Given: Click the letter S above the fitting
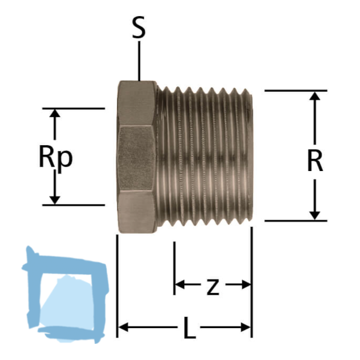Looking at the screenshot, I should pos(139,28).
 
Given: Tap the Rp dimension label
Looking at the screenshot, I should pos(55,157).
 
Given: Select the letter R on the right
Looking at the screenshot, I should pos(314,160).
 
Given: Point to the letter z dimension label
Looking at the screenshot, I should pos(212,287).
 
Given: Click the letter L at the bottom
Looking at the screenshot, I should pos(188,328).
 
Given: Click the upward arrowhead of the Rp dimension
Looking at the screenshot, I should pos(55,114).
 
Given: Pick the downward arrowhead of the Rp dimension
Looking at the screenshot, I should pos(55,199).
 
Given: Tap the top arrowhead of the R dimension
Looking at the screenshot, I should pos(314,97).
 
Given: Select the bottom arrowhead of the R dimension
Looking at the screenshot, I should pos(314,215).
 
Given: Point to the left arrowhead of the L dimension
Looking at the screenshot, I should pos(122,327).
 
